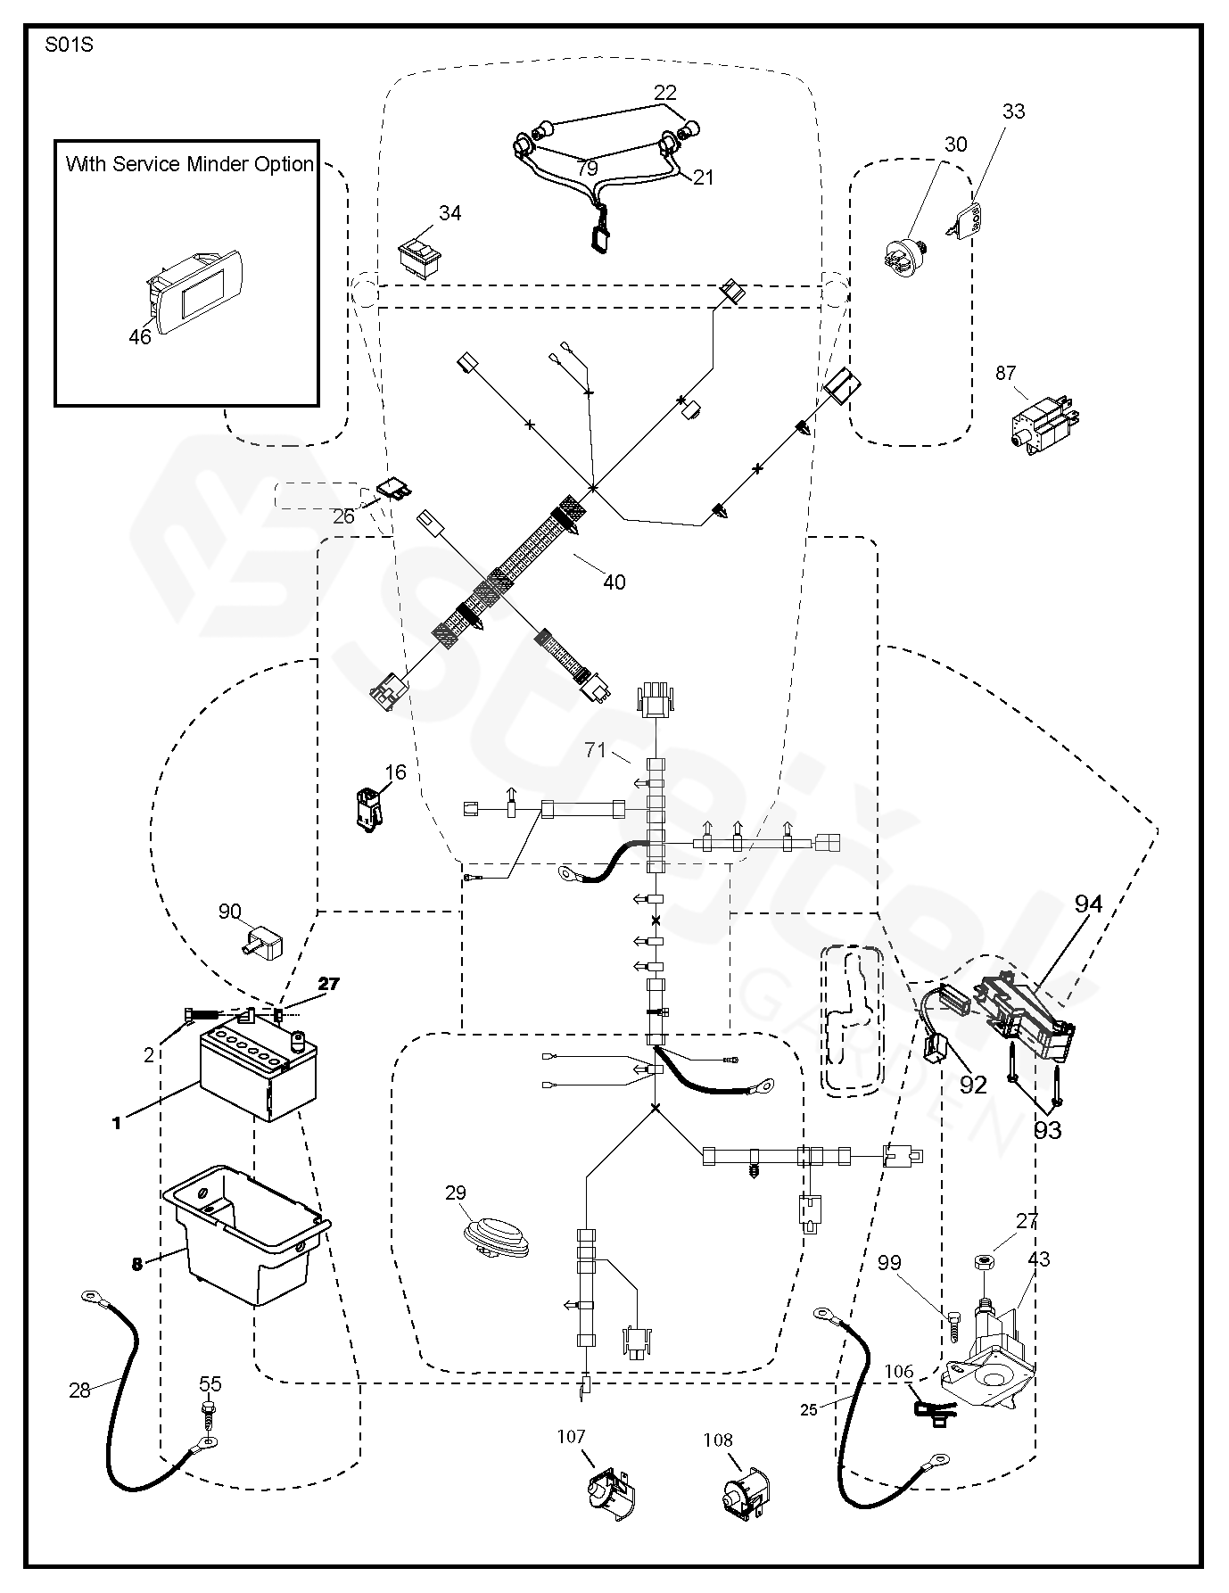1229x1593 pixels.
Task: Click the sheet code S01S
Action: pos(68,45)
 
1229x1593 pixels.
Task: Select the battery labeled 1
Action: pos(258,1074)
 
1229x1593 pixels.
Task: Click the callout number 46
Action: pos(140,336)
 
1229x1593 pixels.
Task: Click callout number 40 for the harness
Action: pos(614,582)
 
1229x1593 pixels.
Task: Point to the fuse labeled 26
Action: pos(393,490)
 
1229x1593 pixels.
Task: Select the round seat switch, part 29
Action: pos(497,1238)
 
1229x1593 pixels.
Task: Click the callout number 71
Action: pos(596,750)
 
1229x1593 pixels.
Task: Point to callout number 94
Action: pos(1088,904)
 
